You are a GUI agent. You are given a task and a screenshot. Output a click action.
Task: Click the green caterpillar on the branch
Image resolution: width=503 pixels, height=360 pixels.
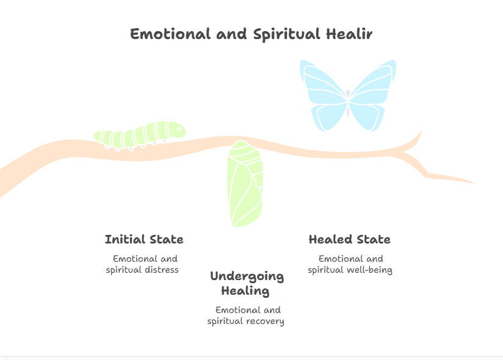point(140,135)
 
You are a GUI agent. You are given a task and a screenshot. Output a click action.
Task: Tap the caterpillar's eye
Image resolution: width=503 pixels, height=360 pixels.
point(179,129)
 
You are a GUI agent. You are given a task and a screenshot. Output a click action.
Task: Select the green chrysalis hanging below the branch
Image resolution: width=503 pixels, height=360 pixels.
point(245,184)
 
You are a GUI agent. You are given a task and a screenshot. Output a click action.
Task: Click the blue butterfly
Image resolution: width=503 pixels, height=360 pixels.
point(348,96)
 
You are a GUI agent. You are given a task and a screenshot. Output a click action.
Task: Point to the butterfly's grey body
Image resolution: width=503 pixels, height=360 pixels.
point(348,103)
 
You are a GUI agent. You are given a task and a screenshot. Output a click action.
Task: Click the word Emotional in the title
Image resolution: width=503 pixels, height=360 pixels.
point(170,34)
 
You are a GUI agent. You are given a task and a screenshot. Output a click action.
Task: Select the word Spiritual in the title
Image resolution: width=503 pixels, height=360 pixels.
point(286,35)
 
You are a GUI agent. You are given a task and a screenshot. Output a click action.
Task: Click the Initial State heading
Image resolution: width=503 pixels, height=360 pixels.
point(144,239)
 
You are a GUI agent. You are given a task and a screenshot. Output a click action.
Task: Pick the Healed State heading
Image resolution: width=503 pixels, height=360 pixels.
point(350,239)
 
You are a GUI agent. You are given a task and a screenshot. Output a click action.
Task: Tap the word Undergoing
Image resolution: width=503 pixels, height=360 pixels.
point(247,276)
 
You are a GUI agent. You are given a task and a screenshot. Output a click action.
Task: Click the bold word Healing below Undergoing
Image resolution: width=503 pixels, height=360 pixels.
point(245,291)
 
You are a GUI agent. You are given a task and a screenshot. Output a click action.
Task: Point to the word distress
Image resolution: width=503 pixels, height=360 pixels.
point(162,270)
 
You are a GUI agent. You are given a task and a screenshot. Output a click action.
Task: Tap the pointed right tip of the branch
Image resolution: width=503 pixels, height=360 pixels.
point(475,183)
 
